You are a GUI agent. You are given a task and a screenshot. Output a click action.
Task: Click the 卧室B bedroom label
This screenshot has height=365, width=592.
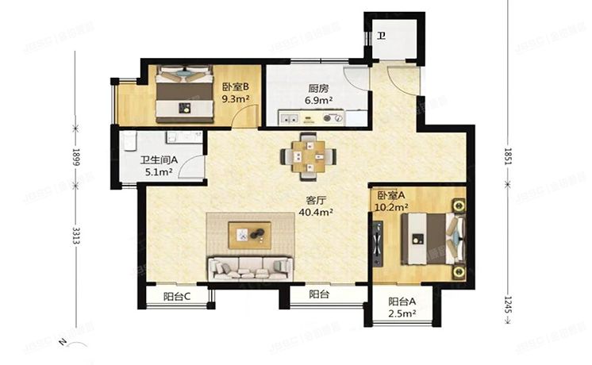point(236,87)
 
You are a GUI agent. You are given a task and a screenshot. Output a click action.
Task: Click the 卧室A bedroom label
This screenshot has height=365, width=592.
point(391,195)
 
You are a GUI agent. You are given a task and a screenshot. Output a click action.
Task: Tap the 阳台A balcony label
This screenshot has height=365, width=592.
point(403,302)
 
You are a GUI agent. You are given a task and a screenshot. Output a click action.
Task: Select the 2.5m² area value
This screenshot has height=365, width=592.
point(403,313)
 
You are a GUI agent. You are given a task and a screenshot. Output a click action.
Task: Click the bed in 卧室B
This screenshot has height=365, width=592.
point(184,93)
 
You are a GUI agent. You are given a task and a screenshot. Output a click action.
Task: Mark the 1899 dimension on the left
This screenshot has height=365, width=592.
point(75,156)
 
